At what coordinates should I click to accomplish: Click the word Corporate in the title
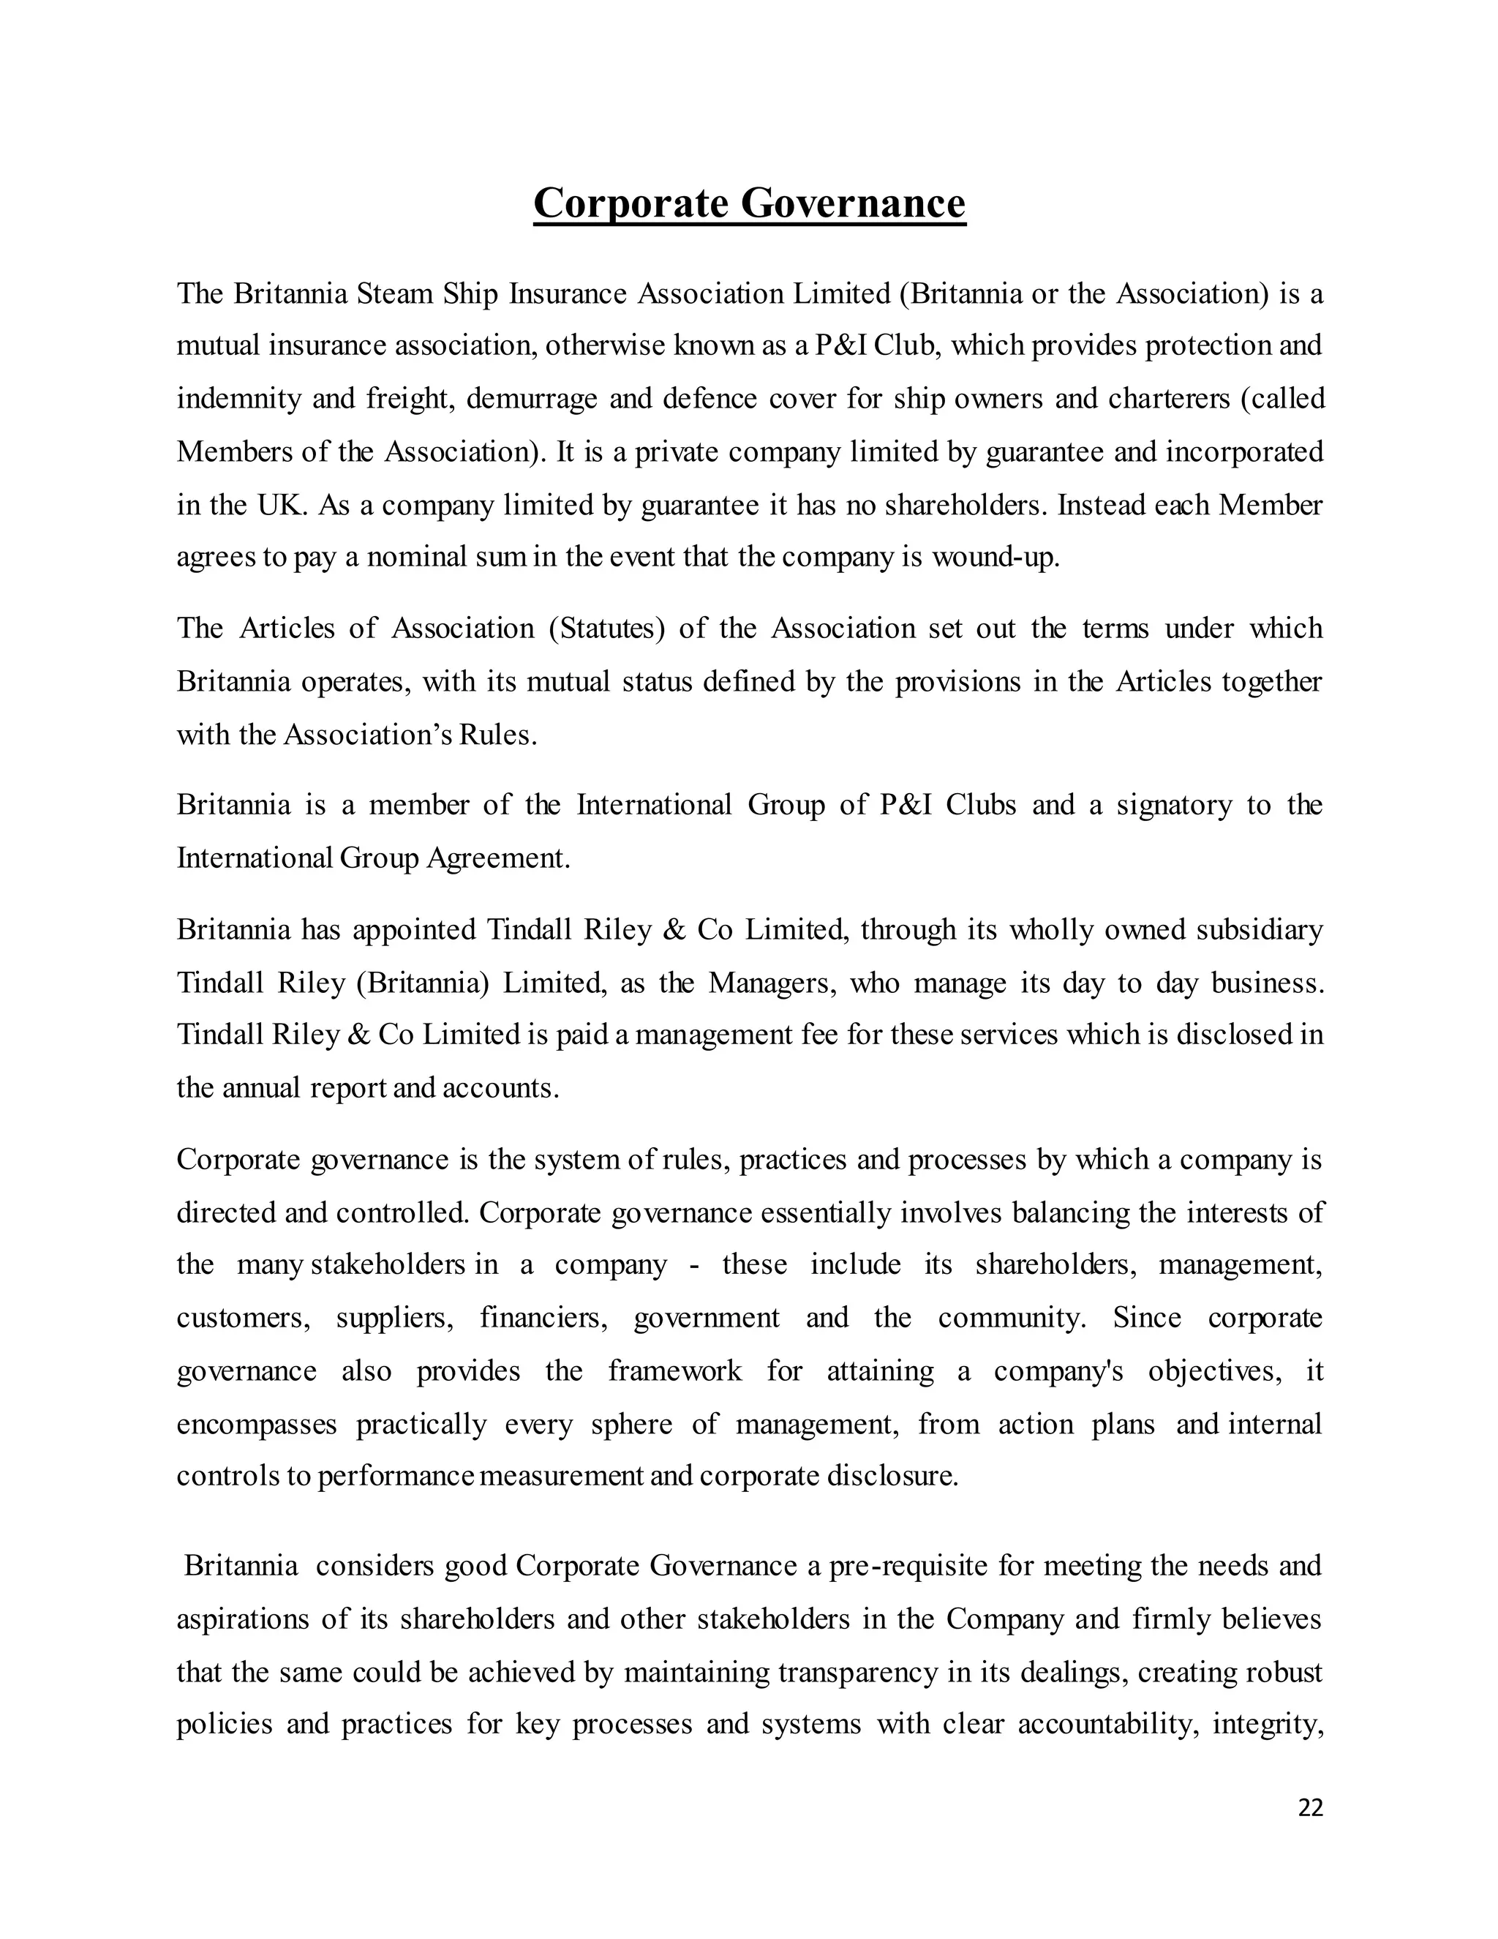[x=630, y=203]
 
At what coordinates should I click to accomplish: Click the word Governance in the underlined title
[x=852, y=203]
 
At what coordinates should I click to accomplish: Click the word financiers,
[x=544, y=1319]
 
